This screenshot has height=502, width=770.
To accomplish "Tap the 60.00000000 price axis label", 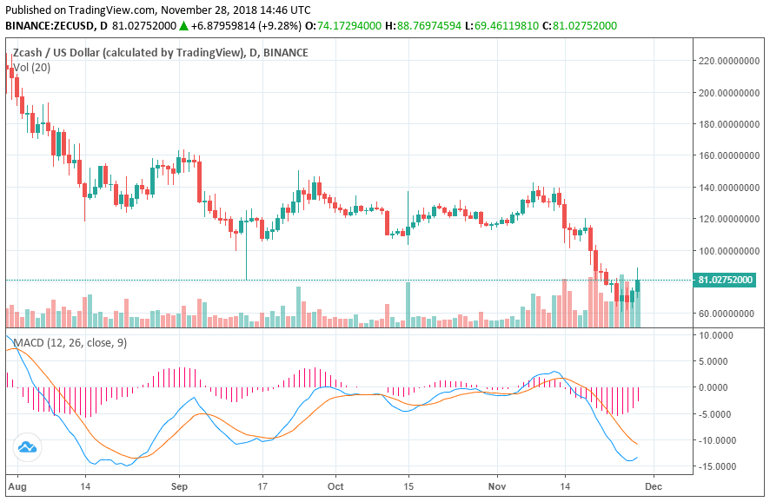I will point(729,313).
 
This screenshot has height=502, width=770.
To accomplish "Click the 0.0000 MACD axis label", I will point(717,387).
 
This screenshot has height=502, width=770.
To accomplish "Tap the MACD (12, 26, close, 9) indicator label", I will point(67,343).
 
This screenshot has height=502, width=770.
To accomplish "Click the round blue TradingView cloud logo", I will point(27,448).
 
